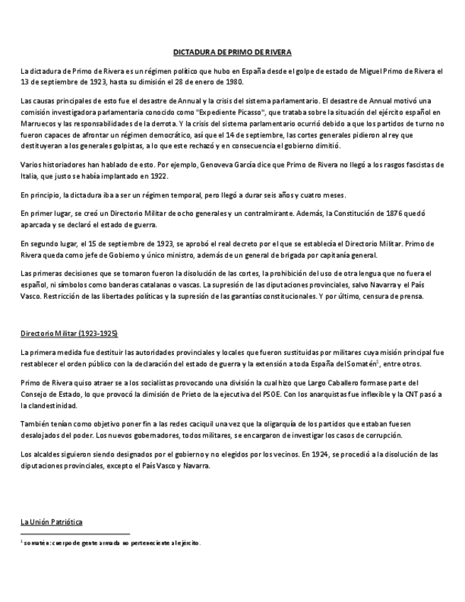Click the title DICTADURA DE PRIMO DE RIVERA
pyautogui.click(x=232, y=53)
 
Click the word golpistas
pyautogui.click(x=132, y=146)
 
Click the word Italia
pyautogui.click(x=31, y=176)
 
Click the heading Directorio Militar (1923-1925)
pyautogui.click(x=69, y=333)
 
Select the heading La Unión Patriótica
pyautogui.click(x=51, y=522)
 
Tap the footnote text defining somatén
pyautogui.click(x=113, y=543)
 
